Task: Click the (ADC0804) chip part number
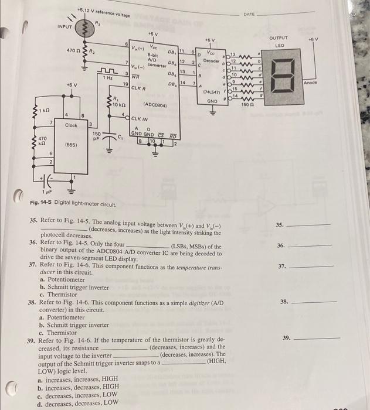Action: pyautogui.click(x=155, y=105)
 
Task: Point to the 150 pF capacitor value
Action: pyautogui.click(x=97, y=136)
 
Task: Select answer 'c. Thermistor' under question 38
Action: pyautogui.click(x=57, y=332)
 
